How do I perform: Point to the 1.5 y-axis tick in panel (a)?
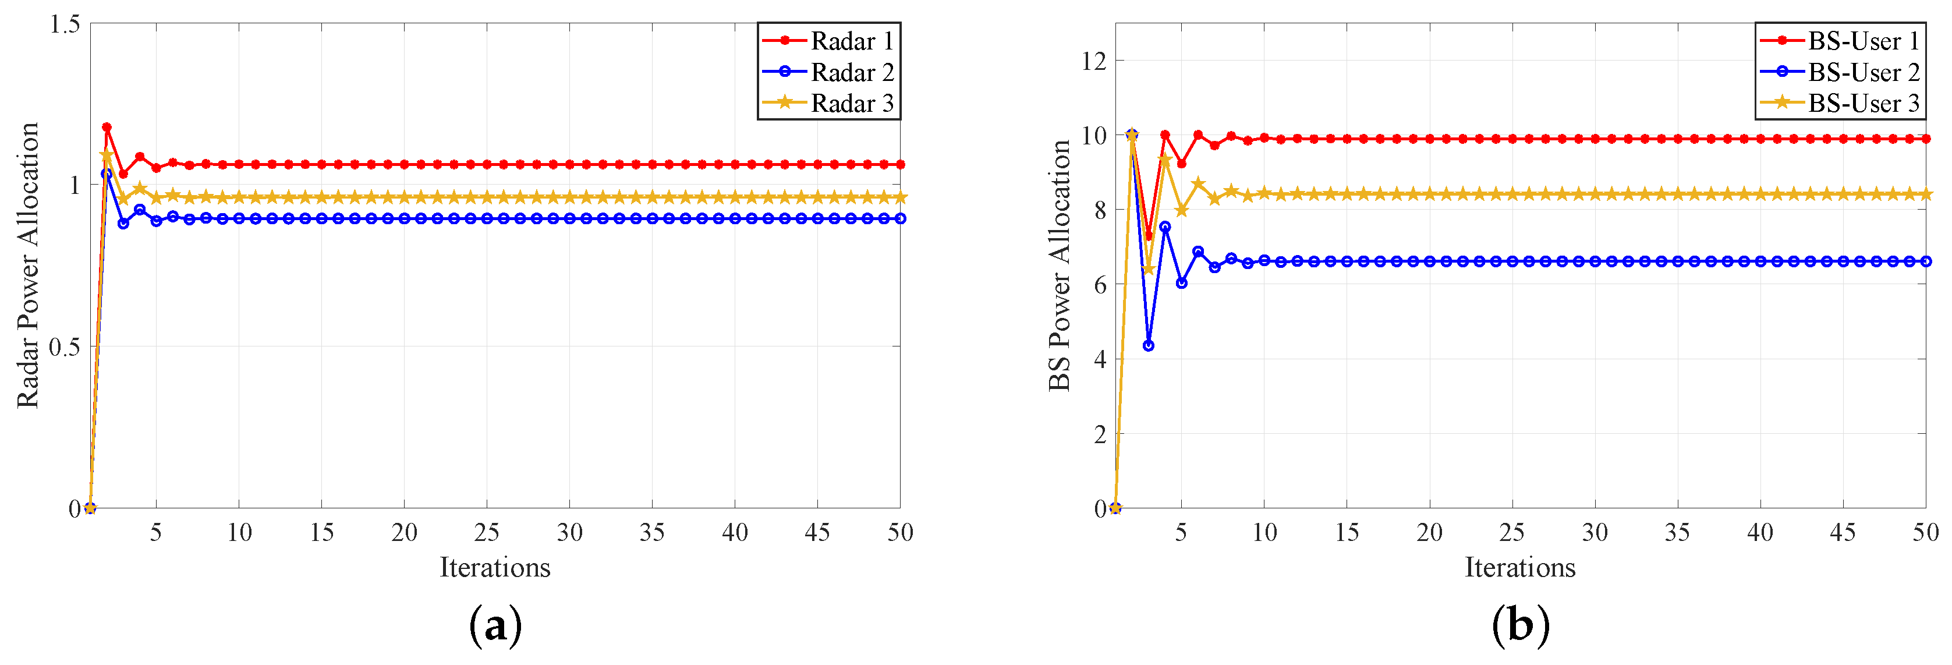(65, 24)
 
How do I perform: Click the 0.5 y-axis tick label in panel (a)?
(65, 347)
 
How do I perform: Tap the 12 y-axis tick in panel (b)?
(1093, 61)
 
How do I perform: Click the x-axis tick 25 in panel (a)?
(487, 533)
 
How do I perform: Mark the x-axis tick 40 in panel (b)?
(1759, 533)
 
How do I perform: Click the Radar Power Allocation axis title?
(28, 266)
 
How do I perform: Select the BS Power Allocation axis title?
(1060, 266)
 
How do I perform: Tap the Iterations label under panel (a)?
(495, 568)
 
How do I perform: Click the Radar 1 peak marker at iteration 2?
(107, 128)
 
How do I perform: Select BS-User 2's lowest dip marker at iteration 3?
(1148, 346)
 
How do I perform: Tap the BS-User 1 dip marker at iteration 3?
(1148, 236)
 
